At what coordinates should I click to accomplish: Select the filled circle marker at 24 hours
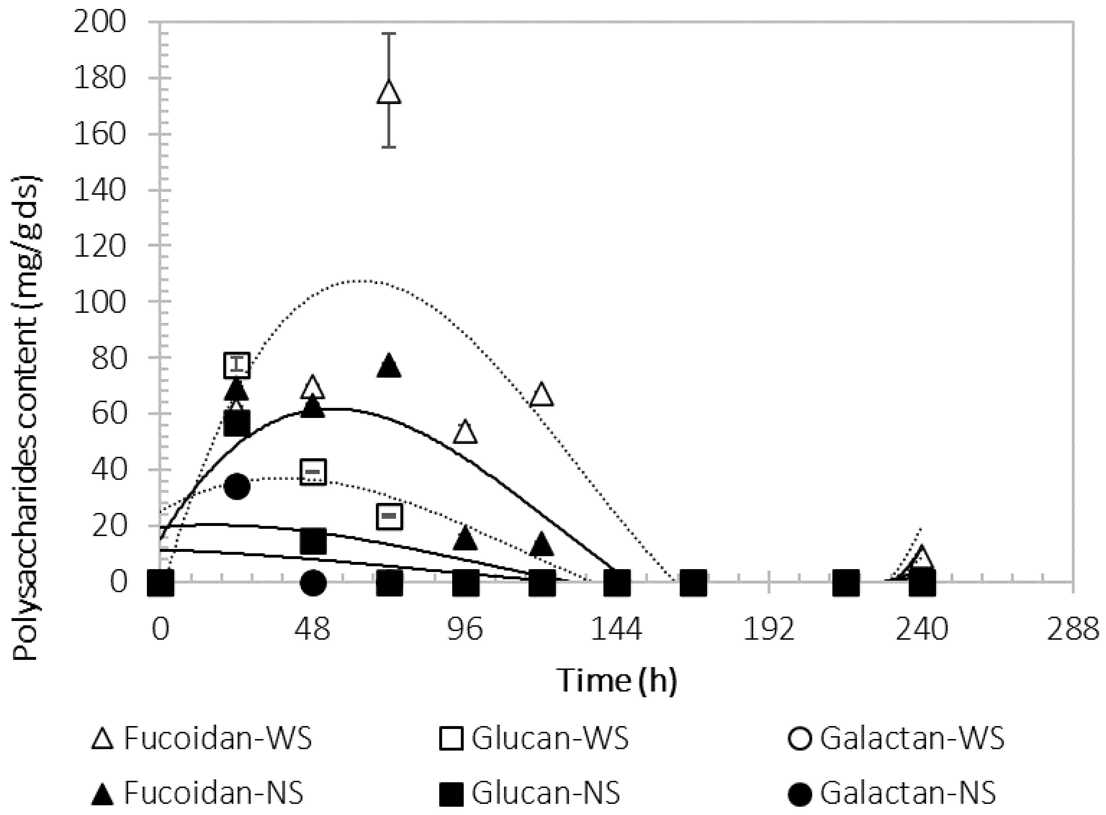click(x=237, y=486)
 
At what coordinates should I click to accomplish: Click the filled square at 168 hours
click(x=693, y=583)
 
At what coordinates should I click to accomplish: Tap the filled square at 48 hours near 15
click(x=313, y=541)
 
